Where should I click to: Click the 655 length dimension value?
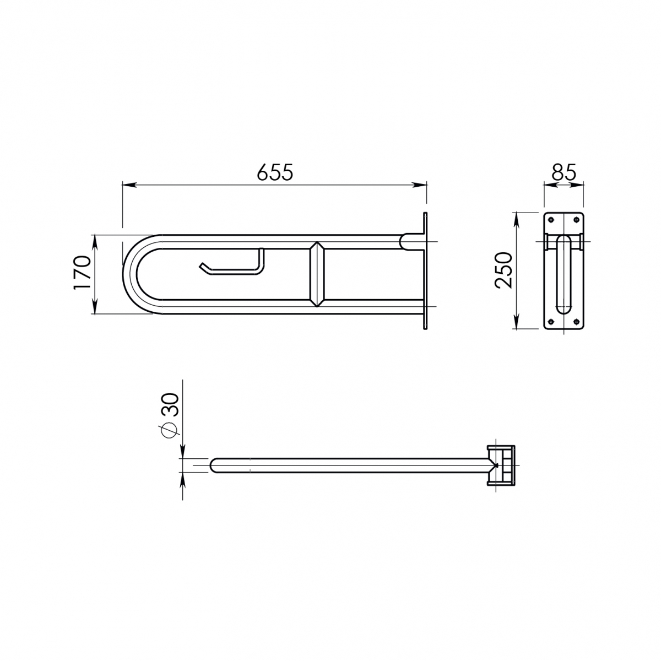(275, 172)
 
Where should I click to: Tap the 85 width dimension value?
(564, 172)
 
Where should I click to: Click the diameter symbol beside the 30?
(171, 429)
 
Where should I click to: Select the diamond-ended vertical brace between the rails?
(318, 274)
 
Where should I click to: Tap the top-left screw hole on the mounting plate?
(550, 220)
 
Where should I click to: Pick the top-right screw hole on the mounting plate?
(576, 220)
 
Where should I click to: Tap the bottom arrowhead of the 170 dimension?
(95, 310)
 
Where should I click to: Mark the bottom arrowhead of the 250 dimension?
(516, 324)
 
